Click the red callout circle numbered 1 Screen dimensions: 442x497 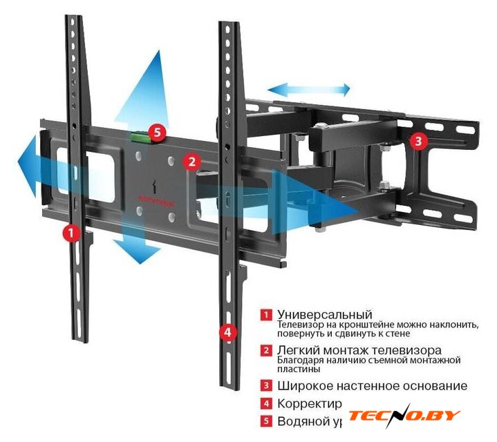70,232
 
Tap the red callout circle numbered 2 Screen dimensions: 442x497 191,162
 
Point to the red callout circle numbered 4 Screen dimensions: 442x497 227,331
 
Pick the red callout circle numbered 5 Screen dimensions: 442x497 158,130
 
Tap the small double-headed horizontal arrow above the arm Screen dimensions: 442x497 309,89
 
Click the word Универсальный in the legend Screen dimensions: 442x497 324,314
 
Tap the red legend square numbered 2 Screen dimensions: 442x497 266,351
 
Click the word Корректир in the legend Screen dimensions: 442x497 310,404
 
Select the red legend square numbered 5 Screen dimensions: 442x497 266,421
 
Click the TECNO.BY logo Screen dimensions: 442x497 403,416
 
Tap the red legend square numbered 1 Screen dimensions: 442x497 266,315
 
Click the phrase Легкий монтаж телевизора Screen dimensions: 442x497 359,350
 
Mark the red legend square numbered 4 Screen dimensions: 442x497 266,403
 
